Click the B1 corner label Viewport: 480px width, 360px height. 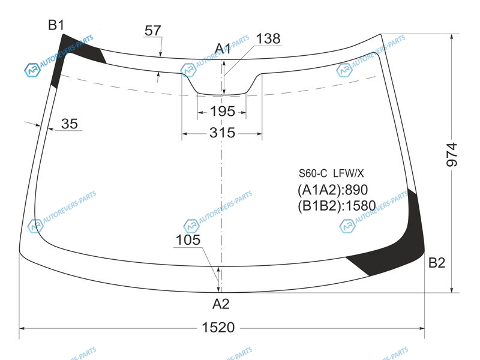coord(56,25)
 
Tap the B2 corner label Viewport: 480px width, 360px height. coord(437,263)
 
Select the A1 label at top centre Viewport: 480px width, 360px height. coord(223,49)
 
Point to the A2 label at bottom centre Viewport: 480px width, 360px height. coord(221,304)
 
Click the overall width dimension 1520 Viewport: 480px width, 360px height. coord(218,328)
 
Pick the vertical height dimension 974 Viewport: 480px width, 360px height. coord(452,155)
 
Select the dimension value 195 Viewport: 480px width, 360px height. coord(223,112)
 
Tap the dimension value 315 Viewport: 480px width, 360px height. coord(223,133)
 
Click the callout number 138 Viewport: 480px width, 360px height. coord(268,39)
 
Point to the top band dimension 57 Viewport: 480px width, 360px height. coord(153,31)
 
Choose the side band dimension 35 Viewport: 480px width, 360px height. coord(70,124)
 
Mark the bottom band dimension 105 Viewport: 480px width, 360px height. coord(188,239)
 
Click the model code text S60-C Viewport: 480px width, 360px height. coord(313,173)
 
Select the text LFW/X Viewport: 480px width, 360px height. coord(349,173)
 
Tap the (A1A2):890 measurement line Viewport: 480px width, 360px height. coord(333,190)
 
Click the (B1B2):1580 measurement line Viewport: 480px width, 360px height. coord(337,206)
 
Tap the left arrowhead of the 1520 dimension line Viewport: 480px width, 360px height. coord(22,328)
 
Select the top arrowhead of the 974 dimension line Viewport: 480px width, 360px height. coord(452,37)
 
